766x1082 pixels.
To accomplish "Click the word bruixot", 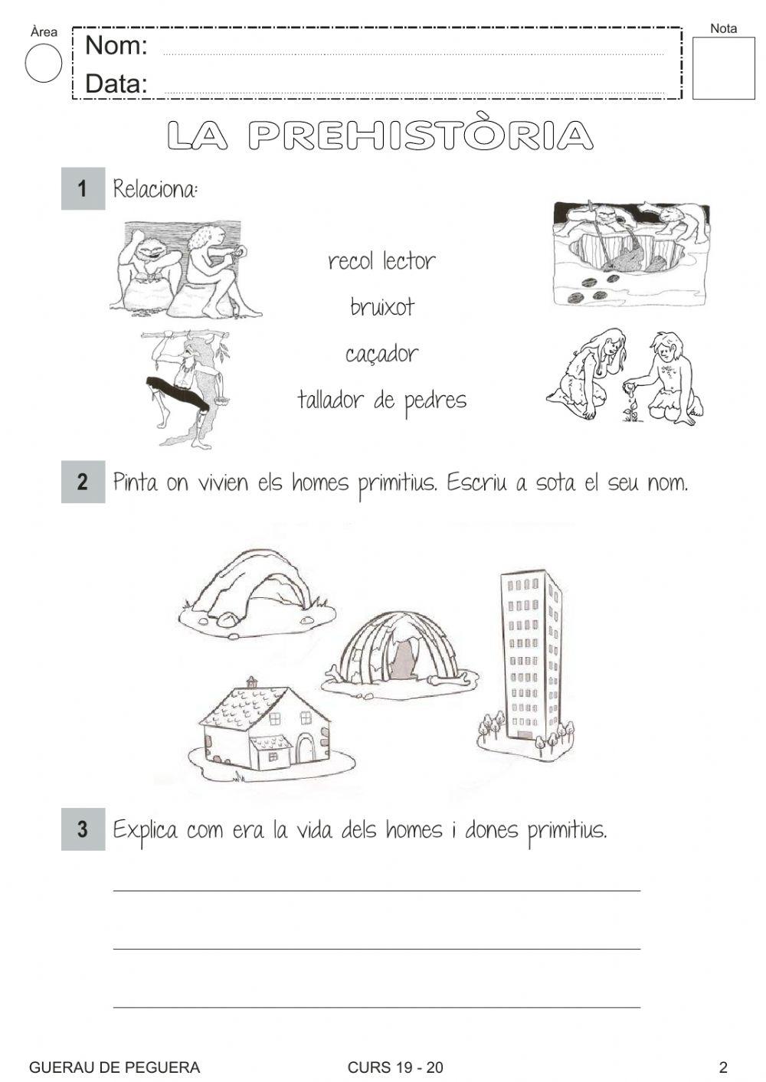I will point(382,307).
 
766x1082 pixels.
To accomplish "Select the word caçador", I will point(381,354).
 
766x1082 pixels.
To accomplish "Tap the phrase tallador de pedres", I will point(381,400).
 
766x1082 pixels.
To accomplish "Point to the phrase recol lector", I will point(381,261).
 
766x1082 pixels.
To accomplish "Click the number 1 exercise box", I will point(83,188).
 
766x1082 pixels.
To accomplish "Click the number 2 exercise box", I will point(83,482).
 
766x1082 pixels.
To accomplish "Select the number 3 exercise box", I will point(83,829).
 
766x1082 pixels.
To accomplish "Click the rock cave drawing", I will point(256,590).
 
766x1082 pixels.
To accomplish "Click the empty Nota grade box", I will point(723,69).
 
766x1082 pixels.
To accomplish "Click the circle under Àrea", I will point(44,63).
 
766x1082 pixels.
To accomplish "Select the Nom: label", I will point(116,46).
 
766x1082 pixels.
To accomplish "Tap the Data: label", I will point(116,83).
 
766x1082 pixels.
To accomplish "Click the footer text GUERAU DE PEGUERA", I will point(114,1067).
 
